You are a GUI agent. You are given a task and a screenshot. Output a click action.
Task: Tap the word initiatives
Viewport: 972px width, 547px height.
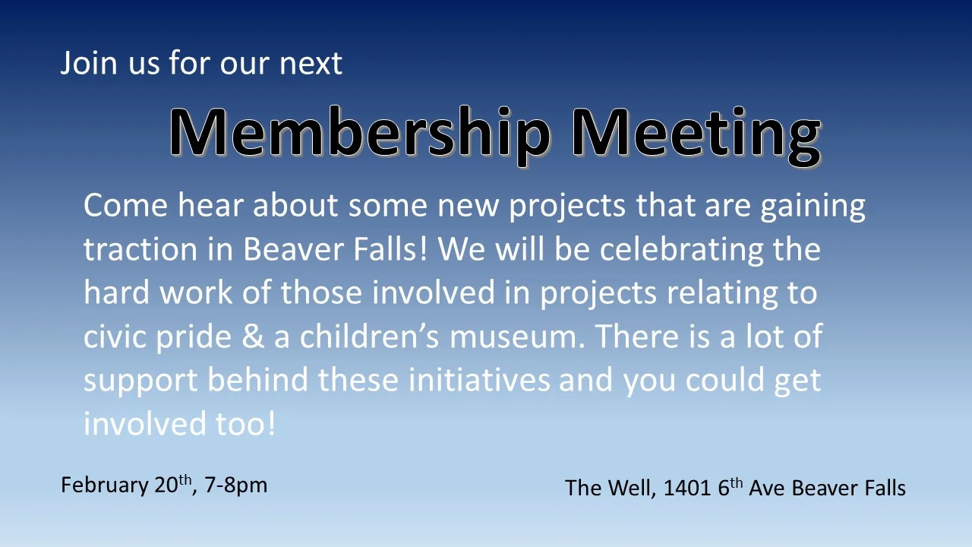478,380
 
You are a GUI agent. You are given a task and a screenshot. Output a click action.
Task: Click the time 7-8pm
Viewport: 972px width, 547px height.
236,485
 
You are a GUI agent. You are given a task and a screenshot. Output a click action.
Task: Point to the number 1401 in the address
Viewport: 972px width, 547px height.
688,488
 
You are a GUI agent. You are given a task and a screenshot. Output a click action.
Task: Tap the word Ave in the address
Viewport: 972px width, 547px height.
767,488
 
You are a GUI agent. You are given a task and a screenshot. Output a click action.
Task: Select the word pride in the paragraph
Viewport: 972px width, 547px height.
193,337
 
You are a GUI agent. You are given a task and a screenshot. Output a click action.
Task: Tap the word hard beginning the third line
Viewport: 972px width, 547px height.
116,292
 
